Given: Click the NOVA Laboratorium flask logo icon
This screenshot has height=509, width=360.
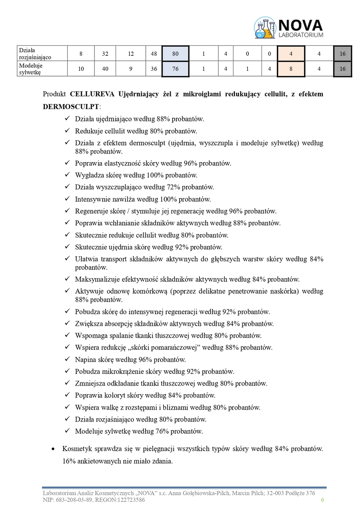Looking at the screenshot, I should click(x=265, y=28).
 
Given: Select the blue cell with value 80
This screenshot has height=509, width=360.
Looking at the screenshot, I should click(x=175, y=53).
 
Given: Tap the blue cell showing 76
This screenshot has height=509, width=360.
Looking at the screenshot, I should click(x=175, y=69).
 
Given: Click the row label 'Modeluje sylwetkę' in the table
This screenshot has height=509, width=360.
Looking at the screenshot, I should click(x=31, y=69).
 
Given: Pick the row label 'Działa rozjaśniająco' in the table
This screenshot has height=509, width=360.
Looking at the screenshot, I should click(x=35, y=53).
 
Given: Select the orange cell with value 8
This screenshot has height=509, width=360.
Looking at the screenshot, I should click(x=291, y=69).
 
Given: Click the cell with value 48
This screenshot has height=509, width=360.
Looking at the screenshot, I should click(x=154, y=53).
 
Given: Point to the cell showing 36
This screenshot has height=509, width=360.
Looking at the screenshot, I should click(x=154, y=69).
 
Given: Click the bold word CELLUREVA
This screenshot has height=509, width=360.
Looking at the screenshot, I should click(x=92, y=94).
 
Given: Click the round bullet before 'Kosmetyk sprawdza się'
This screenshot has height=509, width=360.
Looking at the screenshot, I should click(x=53, y=449).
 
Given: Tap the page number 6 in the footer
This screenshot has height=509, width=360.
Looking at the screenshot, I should click(x=323, y=500).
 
